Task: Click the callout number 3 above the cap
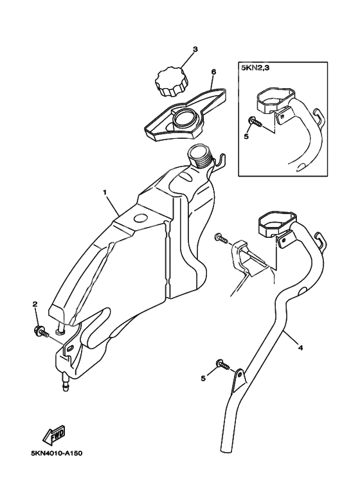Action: coord(195,50)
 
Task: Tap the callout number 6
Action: coord(213,72)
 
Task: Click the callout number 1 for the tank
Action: coord(105,192)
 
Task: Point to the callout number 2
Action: coord(35,304)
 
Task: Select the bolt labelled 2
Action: coord(41,332)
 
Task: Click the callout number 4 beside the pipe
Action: coord(300,348)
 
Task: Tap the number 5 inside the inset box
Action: coord(247,136)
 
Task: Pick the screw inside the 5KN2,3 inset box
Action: coord(255,122)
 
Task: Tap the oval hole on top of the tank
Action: coord(140,219)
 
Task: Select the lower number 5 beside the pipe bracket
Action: coord(203,378)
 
